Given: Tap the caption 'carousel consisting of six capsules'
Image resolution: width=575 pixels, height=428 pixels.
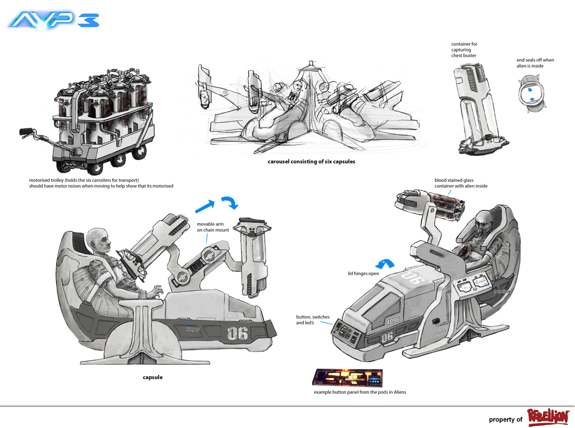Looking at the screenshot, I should click(311, 162).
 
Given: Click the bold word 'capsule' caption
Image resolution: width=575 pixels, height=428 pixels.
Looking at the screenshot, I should click(153, 377).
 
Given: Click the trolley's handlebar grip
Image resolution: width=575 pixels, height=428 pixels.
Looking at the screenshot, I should click(25, 131).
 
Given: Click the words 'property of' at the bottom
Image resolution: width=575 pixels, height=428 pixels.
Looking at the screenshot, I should click(505, 420).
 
